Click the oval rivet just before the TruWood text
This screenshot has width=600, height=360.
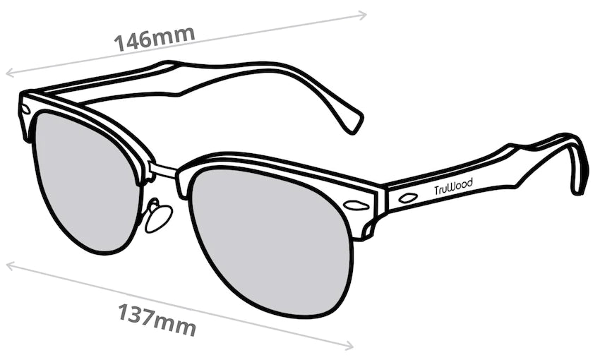tap(407, 198)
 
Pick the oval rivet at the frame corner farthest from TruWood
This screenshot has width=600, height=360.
tap(25, 109)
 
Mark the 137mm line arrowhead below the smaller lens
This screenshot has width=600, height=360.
tap(9, 265)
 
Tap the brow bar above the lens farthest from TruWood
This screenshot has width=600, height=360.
tap(85, 113)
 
